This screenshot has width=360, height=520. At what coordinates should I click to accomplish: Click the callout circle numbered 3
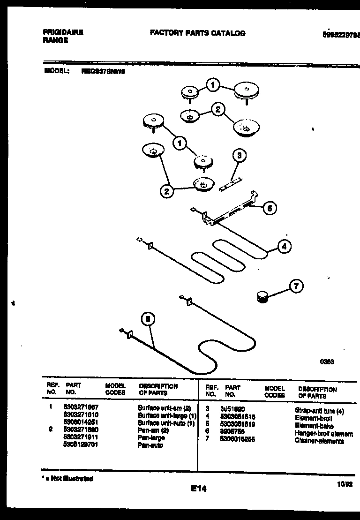239,156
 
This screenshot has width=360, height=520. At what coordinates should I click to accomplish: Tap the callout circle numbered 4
284,246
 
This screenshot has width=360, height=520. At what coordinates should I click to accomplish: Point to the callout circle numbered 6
270,208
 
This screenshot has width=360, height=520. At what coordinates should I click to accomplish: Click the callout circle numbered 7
295,286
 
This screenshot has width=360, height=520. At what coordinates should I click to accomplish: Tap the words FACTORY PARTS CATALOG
197,33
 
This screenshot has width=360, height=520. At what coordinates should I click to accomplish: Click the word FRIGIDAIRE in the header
63,33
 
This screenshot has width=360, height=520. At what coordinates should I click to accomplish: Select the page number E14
198,489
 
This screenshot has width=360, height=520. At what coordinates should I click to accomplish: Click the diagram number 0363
326,362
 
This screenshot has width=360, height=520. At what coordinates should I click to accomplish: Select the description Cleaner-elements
319,441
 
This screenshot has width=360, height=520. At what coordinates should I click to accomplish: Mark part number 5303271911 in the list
80,437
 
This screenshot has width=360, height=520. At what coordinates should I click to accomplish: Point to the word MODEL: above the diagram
57,72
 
